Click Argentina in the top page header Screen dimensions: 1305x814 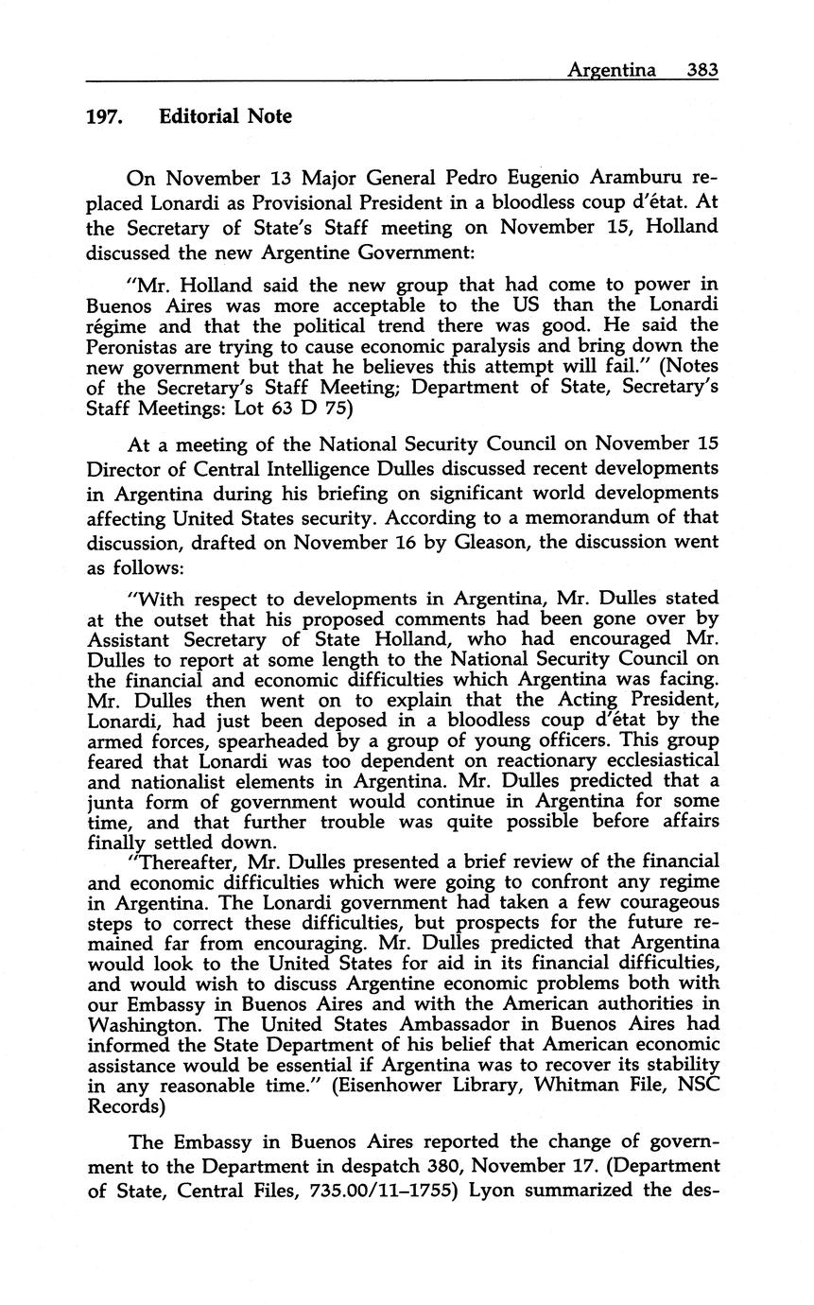coord(611,69)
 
